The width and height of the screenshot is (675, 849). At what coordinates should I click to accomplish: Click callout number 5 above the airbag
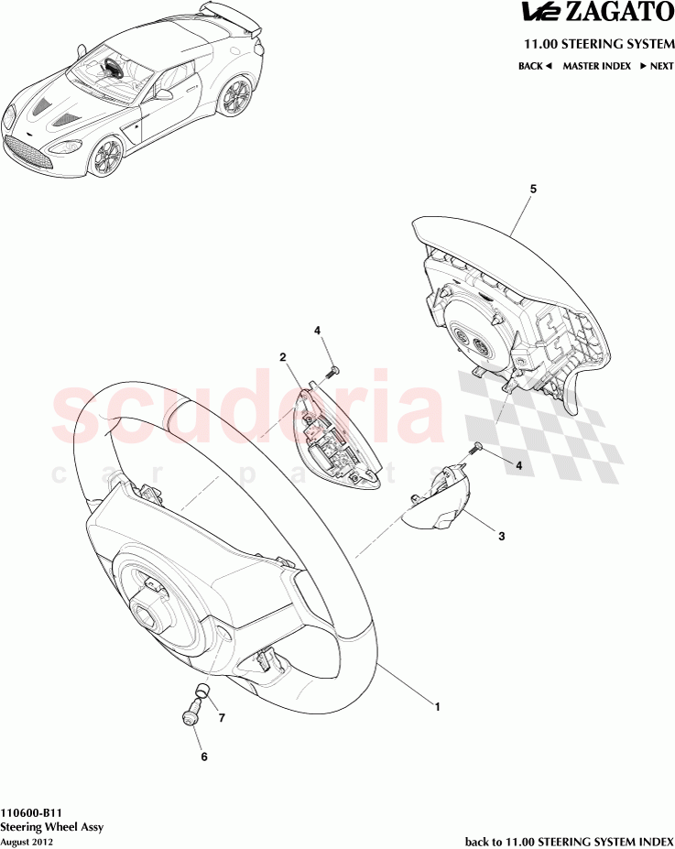[533, 189]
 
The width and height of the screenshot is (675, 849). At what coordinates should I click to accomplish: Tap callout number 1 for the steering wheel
[438, 707]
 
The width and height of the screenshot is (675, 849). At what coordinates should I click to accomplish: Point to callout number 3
[501, 536]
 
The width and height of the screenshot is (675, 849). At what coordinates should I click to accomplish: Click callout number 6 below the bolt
[204, 756]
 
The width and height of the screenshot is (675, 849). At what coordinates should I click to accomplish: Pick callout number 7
[222, 718]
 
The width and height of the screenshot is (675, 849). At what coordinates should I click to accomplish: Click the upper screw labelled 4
[332, 372]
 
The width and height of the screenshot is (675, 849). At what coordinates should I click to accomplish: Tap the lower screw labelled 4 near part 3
[476, 448]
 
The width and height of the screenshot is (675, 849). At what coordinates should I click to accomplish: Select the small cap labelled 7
[202, 690]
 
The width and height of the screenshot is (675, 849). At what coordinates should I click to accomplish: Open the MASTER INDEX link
[596, 66]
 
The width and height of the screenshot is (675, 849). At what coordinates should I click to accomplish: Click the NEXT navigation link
[657, 66]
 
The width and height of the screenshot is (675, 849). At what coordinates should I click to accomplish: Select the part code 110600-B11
[31, 813]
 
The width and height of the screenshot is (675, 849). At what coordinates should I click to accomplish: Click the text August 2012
[27, 843]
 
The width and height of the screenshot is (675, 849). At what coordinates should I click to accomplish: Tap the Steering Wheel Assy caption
[51, 827]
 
